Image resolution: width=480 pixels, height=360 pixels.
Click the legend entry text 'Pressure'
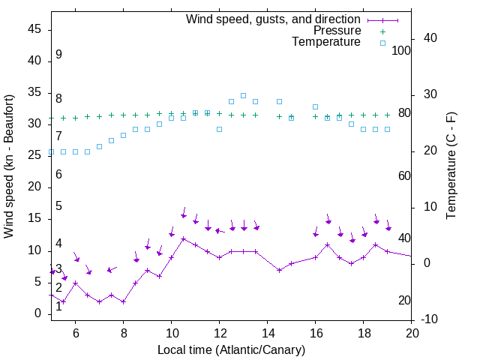pos(338,31)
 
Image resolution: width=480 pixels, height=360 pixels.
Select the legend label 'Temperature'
pos(326,42)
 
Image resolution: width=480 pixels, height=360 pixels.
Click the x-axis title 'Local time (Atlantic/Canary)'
pos(232,349)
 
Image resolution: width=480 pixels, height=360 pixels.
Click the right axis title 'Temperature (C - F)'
pos(451,166)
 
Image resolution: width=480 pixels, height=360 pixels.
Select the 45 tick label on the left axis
pos(34,29)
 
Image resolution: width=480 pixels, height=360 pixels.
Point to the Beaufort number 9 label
pos(58,55)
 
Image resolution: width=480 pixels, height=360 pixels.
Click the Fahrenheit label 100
pos(401,50)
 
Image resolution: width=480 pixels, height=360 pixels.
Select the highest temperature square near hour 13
pos(243,95)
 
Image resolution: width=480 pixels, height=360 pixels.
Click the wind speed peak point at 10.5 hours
pos(183,238)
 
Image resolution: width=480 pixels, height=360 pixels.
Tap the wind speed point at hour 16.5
pos(327,244)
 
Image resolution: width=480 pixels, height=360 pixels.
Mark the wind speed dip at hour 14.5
pos(279,270)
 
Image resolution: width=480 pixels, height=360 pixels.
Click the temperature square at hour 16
pos(315,107)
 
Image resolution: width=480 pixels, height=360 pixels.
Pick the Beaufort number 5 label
pos(58,206)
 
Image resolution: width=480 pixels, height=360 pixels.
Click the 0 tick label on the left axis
pos(38,313)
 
